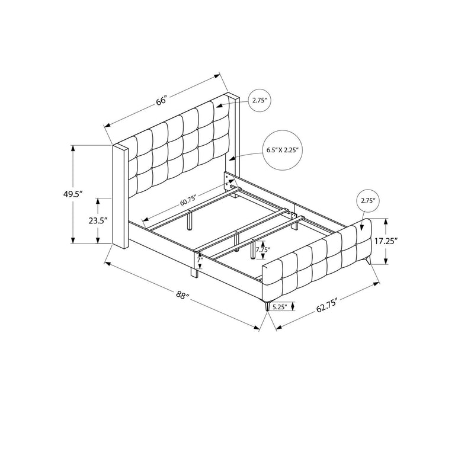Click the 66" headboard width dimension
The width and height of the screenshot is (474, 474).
click(x=162, y=100)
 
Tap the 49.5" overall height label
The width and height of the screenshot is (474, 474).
click(x=73, y=194)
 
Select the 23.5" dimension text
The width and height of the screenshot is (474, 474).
click(x=98, y=220)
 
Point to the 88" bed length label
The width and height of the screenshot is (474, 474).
click(x=182, y=294)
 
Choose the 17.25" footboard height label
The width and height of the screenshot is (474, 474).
click(x=386, y=241)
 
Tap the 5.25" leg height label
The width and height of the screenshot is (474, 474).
click(x=279, y=307)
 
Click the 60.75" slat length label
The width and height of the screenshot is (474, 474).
click(x=188, y=200)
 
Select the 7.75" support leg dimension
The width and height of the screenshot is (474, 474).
click(x=262, y=249)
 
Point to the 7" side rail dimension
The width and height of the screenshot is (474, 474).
click(x=199, y=260)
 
